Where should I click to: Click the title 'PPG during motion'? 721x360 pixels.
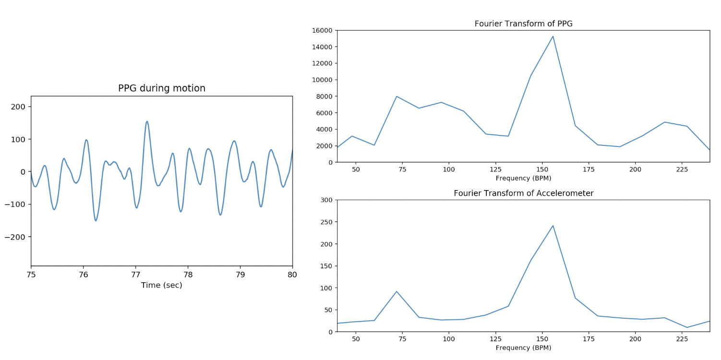[162, 88]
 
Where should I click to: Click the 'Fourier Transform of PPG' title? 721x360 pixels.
[523, 24]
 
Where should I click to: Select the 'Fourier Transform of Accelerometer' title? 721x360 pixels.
[523, 193]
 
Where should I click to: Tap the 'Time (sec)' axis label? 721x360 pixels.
[162, 285]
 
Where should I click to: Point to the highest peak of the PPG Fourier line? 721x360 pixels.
[553, 36]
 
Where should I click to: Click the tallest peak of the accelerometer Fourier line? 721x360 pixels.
[553, 226]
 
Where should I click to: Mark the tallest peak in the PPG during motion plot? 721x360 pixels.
[147, 121]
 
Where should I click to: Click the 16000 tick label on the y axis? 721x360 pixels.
[322, 30]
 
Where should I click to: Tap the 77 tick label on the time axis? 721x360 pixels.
[135, 275]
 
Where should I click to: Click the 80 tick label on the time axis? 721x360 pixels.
[292, 275]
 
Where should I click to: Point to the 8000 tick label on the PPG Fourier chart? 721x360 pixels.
[324, 96]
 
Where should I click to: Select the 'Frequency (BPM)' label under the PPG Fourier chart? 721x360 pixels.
[523, 178]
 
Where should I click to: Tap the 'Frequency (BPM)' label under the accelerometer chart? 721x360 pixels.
[523, 348]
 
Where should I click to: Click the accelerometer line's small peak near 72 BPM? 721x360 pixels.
[397, 291]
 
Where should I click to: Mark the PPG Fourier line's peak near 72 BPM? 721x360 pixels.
[397, 96]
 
